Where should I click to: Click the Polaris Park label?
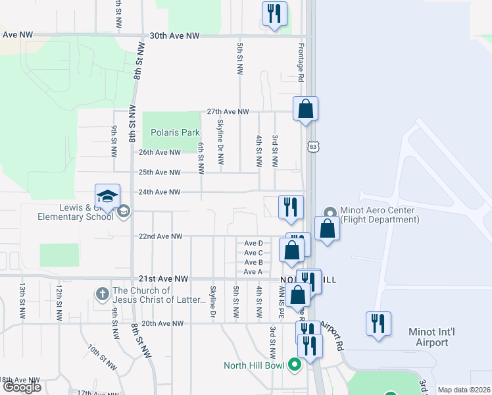(x=174, y=132)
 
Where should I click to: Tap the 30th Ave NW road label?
(x=174, y=36)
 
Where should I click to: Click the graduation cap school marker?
(x=107, y=196)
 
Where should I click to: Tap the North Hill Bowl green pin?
(x=295, y=364)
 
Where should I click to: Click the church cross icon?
(x=102, y=294)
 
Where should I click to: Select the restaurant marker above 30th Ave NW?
(x=274, y=14)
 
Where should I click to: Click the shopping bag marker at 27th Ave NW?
(x=305, y=109)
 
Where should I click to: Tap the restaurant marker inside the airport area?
(x=378, y=324)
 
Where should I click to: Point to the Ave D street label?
(x=253, y=243)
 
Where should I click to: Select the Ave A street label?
(x=253, y=272)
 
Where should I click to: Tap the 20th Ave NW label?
(x=161, y=323)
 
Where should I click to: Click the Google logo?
(x=22, y=387)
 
